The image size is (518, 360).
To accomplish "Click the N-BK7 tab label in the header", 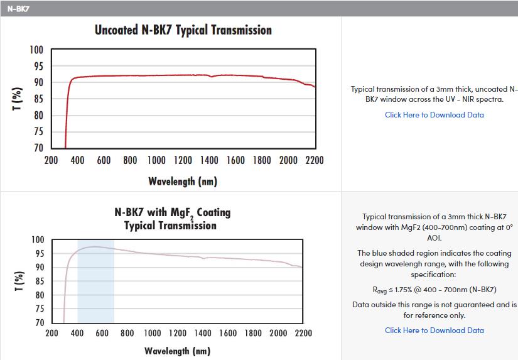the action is coord(18,9).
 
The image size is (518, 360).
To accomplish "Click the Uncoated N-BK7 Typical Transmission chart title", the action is coord(183,30).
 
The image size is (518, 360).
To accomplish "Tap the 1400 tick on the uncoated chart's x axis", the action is coord(209,160).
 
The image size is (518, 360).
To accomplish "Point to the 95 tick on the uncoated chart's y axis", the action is coord(38,66).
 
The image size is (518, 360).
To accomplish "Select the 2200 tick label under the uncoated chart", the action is coord(315,160).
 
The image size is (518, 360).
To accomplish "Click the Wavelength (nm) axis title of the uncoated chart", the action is coord(183,181).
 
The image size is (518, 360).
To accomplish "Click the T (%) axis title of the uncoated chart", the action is coord(17,99).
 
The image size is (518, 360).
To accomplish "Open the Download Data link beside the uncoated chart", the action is coord(434,115).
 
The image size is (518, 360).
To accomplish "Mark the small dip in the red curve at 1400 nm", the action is coord(211,77).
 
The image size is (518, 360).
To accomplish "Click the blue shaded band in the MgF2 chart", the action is coord(96,281).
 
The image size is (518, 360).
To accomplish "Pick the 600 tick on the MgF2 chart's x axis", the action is coord(102,333).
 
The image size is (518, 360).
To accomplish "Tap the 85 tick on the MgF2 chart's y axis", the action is coord(40,281).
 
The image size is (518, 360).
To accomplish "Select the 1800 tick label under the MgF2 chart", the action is coord(253,333).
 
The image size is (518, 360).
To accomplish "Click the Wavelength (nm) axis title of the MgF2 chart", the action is coord(178,351).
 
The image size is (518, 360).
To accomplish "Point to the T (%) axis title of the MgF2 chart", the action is coord(19,281).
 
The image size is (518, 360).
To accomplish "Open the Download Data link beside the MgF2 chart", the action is coord(434,330).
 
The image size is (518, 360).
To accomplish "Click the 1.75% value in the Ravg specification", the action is coord(403,290).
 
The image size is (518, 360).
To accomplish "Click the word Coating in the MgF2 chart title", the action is coord(213,212).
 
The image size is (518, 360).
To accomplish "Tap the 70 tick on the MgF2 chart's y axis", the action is coord(40,323).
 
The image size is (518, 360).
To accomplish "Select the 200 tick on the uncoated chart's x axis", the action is coord(51,160).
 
